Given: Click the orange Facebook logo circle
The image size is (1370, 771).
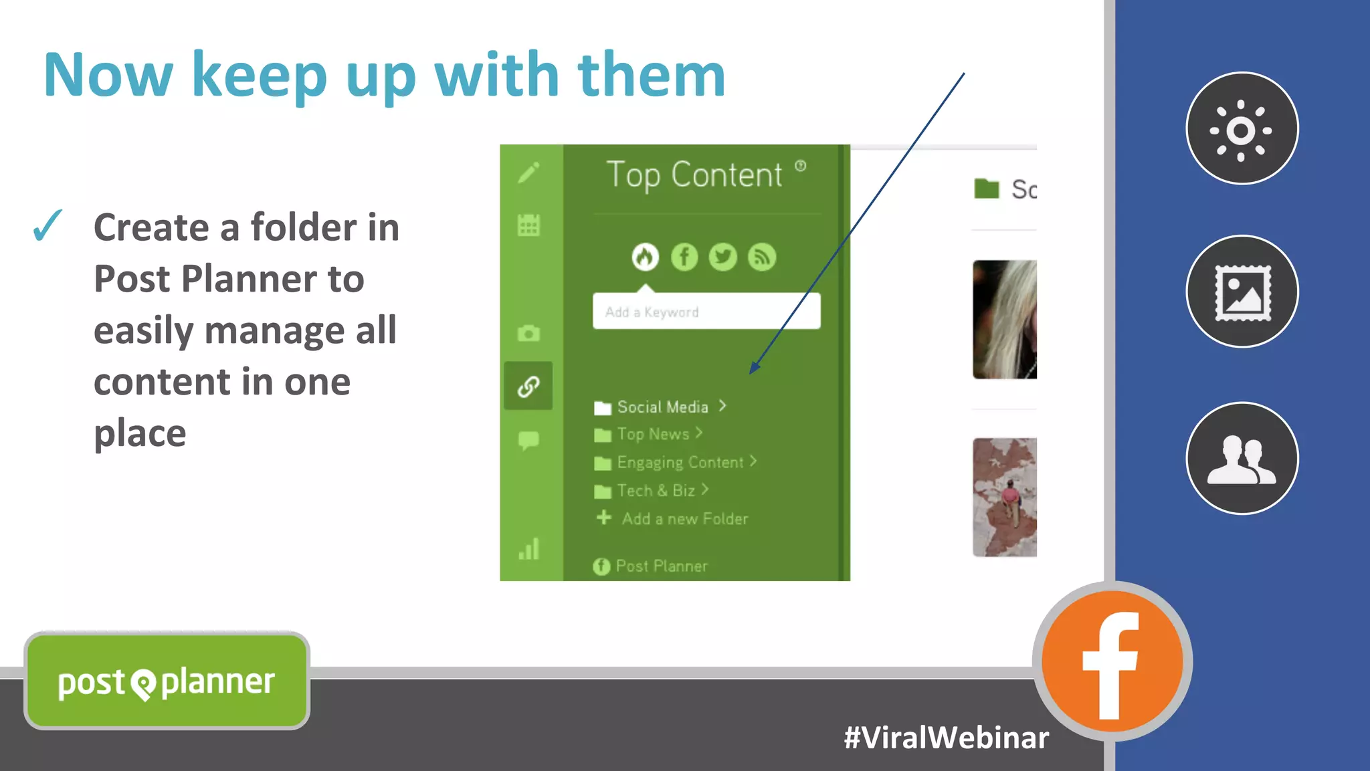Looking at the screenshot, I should pyautogui.click(x=1112, y=661).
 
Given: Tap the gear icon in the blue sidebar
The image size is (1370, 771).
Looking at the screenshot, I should pyautogui.click(x=1242, y=128).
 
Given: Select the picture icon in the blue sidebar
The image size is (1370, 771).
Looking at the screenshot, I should pyautogui.click(x=1242, y=292).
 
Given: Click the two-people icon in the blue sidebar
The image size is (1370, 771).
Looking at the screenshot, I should pyautogui.click(x=1242, y=459).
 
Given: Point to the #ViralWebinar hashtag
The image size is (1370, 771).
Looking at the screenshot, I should pyautogui.click(x=946, y=738).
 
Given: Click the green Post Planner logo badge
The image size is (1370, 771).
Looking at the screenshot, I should pyautogui.click(x=167, y=681).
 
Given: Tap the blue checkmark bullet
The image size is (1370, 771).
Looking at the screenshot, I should pyautogui.click(x=47, y=225).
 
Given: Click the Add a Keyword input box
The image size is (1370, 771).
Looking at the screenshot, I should pyautogui.click(x=706, y=311).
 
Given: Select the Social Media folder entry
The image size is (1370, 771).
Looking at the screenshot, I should pyautogui.click(x=662, y=407).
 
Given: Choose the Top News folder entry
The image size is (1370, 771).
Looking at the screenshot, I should pyautogui.click(x=652, y=434).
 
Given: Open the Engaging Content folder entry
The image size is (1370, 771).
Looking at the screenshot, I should pyautogui.click(x=679, y=462).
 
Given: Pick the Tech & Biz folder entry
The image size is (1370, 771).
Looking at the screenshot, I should pyautogui.click(x=655, y=490).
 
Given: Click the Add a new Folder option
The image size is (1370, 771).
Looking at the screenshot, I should pyautogui.click(x=684, y=518).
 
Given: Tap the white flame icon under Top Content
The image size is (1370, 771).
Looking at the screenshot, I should pyautogui.click(x=645, y=257).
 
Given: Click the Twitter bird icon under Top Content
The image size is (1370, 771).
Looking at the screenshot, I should pyautogui.click(x=722, y=257).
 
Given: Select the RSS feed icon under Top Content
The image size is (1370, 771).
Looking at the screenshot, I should pyautogui.click(x=761, y=257).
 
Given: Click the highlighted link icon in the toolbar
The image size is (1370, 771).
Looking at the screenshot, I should pyautogui.click(x=528, y=386).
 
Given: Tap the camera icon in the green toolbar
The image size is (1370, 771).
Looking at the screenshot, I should pyautogui.click(x=528, y=333).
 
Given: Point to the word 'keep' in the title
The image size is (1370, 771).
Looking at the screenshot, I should pyautogui.click(x=260, y=76).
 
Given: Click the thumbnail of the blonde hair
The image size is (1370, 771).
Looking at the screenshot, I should pyautogui.click(x=1005, y=320).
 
